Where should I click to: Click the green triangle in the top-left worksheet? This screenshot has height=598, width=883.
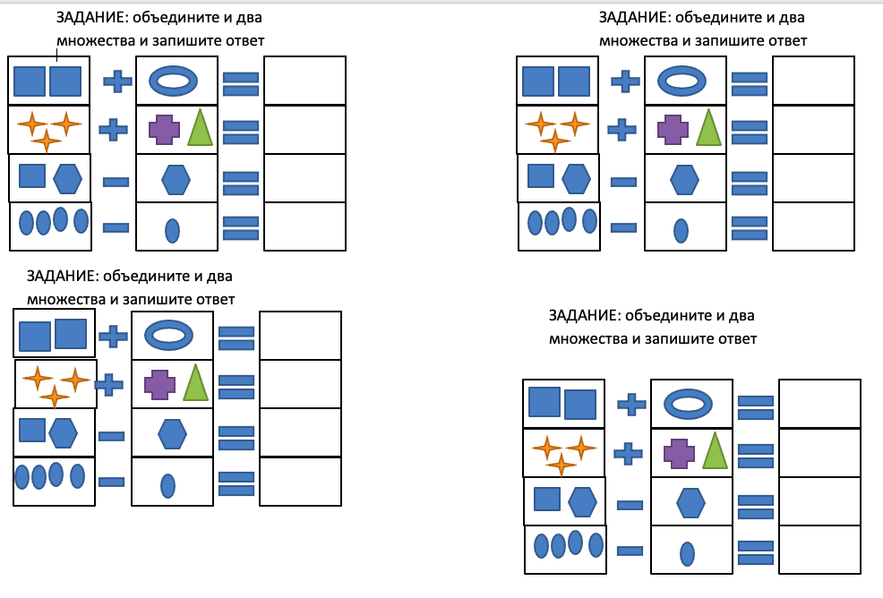pos(201,128)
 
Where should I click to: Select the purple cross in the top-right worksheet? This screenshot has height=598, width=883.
pos(673,129)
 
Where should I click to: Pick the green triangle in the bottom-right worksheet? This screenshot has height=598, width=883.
pos(714,451)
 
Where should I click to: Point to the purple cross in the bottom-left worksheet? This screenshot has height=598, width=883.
pos(159,384)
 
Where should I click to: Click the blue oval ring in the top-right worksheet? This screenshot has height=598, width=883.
pos(685,81)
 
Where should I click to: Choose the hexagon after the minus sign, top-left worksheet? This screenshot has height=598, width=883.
pos(176,180)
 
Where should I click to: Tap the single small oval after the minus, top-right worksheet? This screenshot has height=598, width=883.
pos(681,230)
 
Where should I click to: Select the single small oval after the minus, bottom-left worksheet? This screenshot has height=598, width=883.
pos(167,485)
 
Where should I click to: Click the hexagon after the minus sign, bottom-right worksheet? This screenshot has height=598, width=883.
pos(690,503)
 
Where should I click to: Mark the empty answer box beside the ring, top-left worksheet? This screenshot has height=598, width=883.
pos(304,81)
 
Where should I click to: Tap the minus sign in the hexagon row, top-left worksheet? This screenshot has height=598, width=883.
pos(116,182)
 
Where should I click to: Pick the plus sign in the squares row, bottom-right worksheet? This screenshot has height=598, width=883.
pos(631,404)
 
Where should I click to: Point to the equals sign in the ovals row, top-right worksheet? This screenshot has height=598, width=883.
pos(750,227)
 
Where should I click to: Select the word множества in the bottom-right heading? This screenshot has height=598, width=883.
pos(583,339)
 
